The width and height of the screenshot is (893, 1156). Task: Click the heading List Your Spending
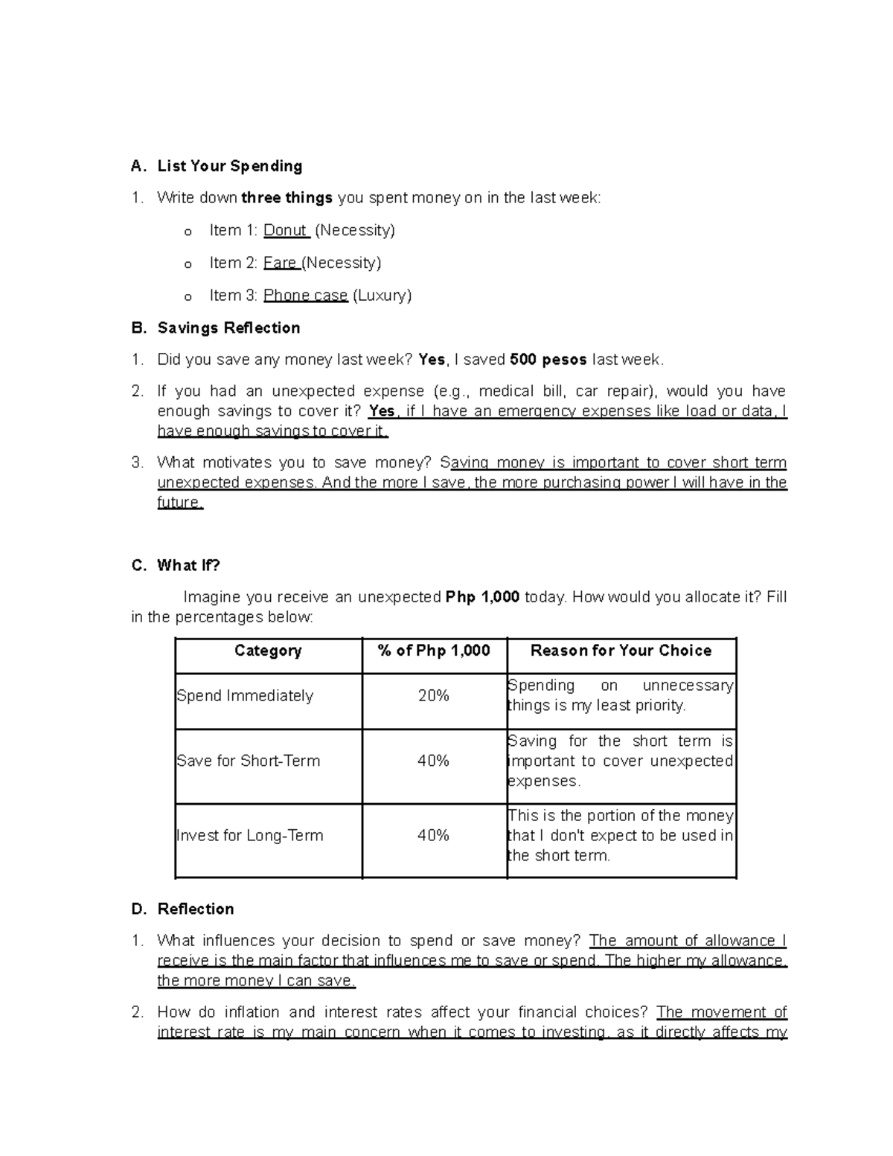[x=229, y=166]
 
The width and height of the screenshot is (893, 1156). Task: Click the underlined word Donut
[x=285, y=231]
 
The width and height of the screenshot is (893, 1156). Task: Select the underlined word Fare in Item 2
[x=279, y=263]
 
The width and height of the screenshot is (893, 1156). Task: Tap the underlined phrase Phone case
[x=305, y=296]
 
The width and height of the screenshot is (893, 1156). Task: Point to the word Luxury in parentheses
[x=382, y=296]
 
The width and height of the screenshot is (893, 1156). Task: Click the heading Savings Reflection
[x=228, y=328]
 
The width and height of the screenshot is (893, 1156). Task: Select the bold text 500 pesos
[x=548, y=360]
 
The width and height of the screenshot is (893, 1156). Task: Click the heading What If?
[x=188, y=566]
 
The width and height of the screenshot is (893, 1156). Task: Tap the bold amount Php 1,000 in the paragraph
[x=481, y=597]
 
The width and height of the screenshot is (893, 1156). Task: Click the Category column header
[x=268, y=651]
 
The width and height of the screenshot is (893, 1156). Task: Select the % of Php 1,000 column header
[x=434, y=651]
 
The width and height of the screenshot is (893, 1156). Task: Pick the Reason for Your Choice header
[x=621, y=651]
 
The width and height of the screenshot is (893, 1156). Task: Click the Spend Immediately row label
[x=245, y=696]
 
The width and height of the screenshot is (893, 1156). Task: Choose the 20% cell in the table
[x=433, y=696]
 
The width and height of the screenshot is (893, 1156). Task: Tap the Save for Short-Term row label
[x=249, y=761]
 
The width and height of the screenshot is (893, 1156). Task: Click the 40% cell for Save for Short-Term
[x=433, y=761]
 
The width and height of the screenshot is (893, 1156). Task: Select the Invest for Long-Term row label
[x=250, y=835]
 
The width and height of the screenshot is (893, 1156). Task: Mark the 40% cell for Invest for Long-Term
[x=433, y=835]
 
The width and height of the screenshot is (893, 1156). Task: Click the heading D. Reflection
[x=195, y=909]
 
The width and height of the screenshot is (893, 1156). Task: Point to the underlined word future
[x=179, y=502]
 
